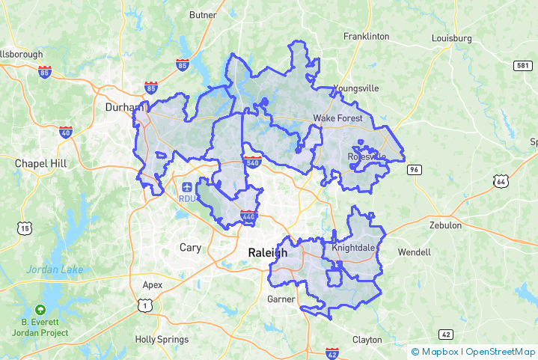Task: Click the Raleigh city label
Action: point(268,253)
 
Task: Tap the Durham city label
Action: point(123,107)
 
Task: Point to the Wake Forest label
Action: point(337,118)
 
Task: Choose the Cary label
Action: point(190,247)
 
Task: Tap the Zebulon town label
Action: point(445,225)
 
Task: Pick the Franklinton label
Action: point(366,36)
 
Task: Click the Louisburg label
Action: point(451,38)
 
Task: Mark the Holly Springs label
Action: point(162,339)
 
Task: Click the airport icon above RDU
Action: point(186,186)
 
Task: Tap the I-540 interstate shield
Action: point(251,162)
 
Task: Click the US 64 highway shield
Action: point(500,180)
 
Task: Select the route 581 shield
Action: point(523,66)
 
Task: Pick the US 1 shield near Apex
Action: point(145,304)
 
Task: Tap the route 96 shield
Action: point(414,170)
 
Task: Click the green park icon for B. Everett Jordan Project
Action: point(40,310)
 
